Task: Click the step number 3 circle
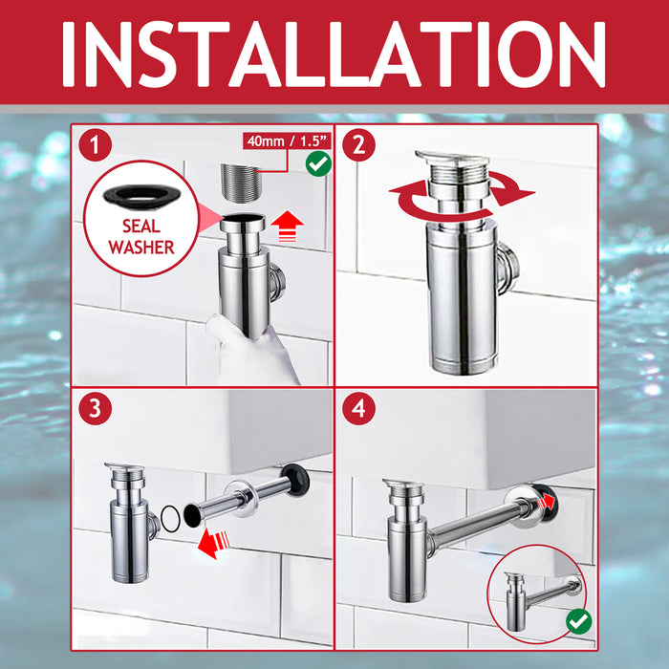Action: coord(95,409)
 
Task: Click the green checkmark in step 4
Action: coord(577,621)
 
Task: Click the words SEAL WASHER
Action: coord(140,236)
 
